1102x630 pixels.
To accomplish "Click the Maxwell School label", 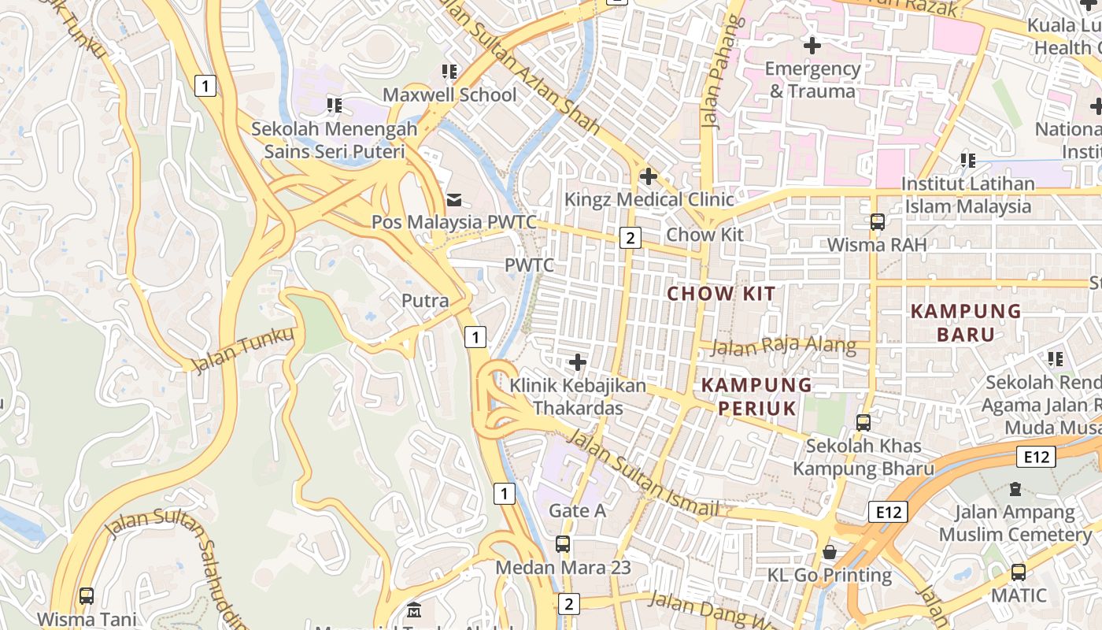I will (x=449, y=95).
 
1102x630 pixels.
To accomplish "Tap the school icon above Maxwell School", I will (x=449, y=72).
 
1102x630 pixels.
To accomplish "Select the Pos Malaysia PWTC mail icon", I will (x=454, y=199).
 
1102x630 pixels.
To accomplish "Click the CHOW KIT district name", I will (x=722, y=295).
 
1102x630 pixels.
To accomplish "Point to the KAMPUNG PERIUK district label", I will (x=756, y=396).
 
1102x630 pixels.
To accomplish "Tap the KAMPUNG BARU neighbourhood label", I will (x=966, y=322).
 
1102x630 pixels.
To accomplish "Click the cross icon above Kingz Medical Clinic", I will (x=649, y=176).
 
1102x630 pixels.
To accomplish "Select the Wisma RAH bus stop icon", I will (x=878, y=222).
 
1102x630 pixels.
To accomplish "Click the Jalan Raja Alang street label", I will (x=784, y=346).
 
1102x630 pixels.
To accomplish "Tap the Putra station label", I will (x=425, y=301).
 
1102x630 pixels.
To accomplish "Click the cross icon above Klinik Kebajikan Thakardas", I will (x=578, y=362).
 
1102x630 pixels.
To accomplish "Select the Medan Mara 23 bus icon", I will (x=563, y=544).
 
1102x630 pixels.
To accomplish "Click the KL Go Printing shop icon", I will (x=829, y=552).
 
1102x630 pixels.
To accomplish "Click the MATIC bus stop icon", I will (x=1019, y=573).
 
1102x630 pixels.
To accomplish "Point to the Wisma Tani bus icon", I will (x=87, y=596).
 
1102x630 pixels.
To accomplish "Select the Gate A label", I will (x=577, y=510).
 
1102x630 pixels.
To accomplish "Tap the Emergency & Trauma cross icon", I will (x=812, y=46).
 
